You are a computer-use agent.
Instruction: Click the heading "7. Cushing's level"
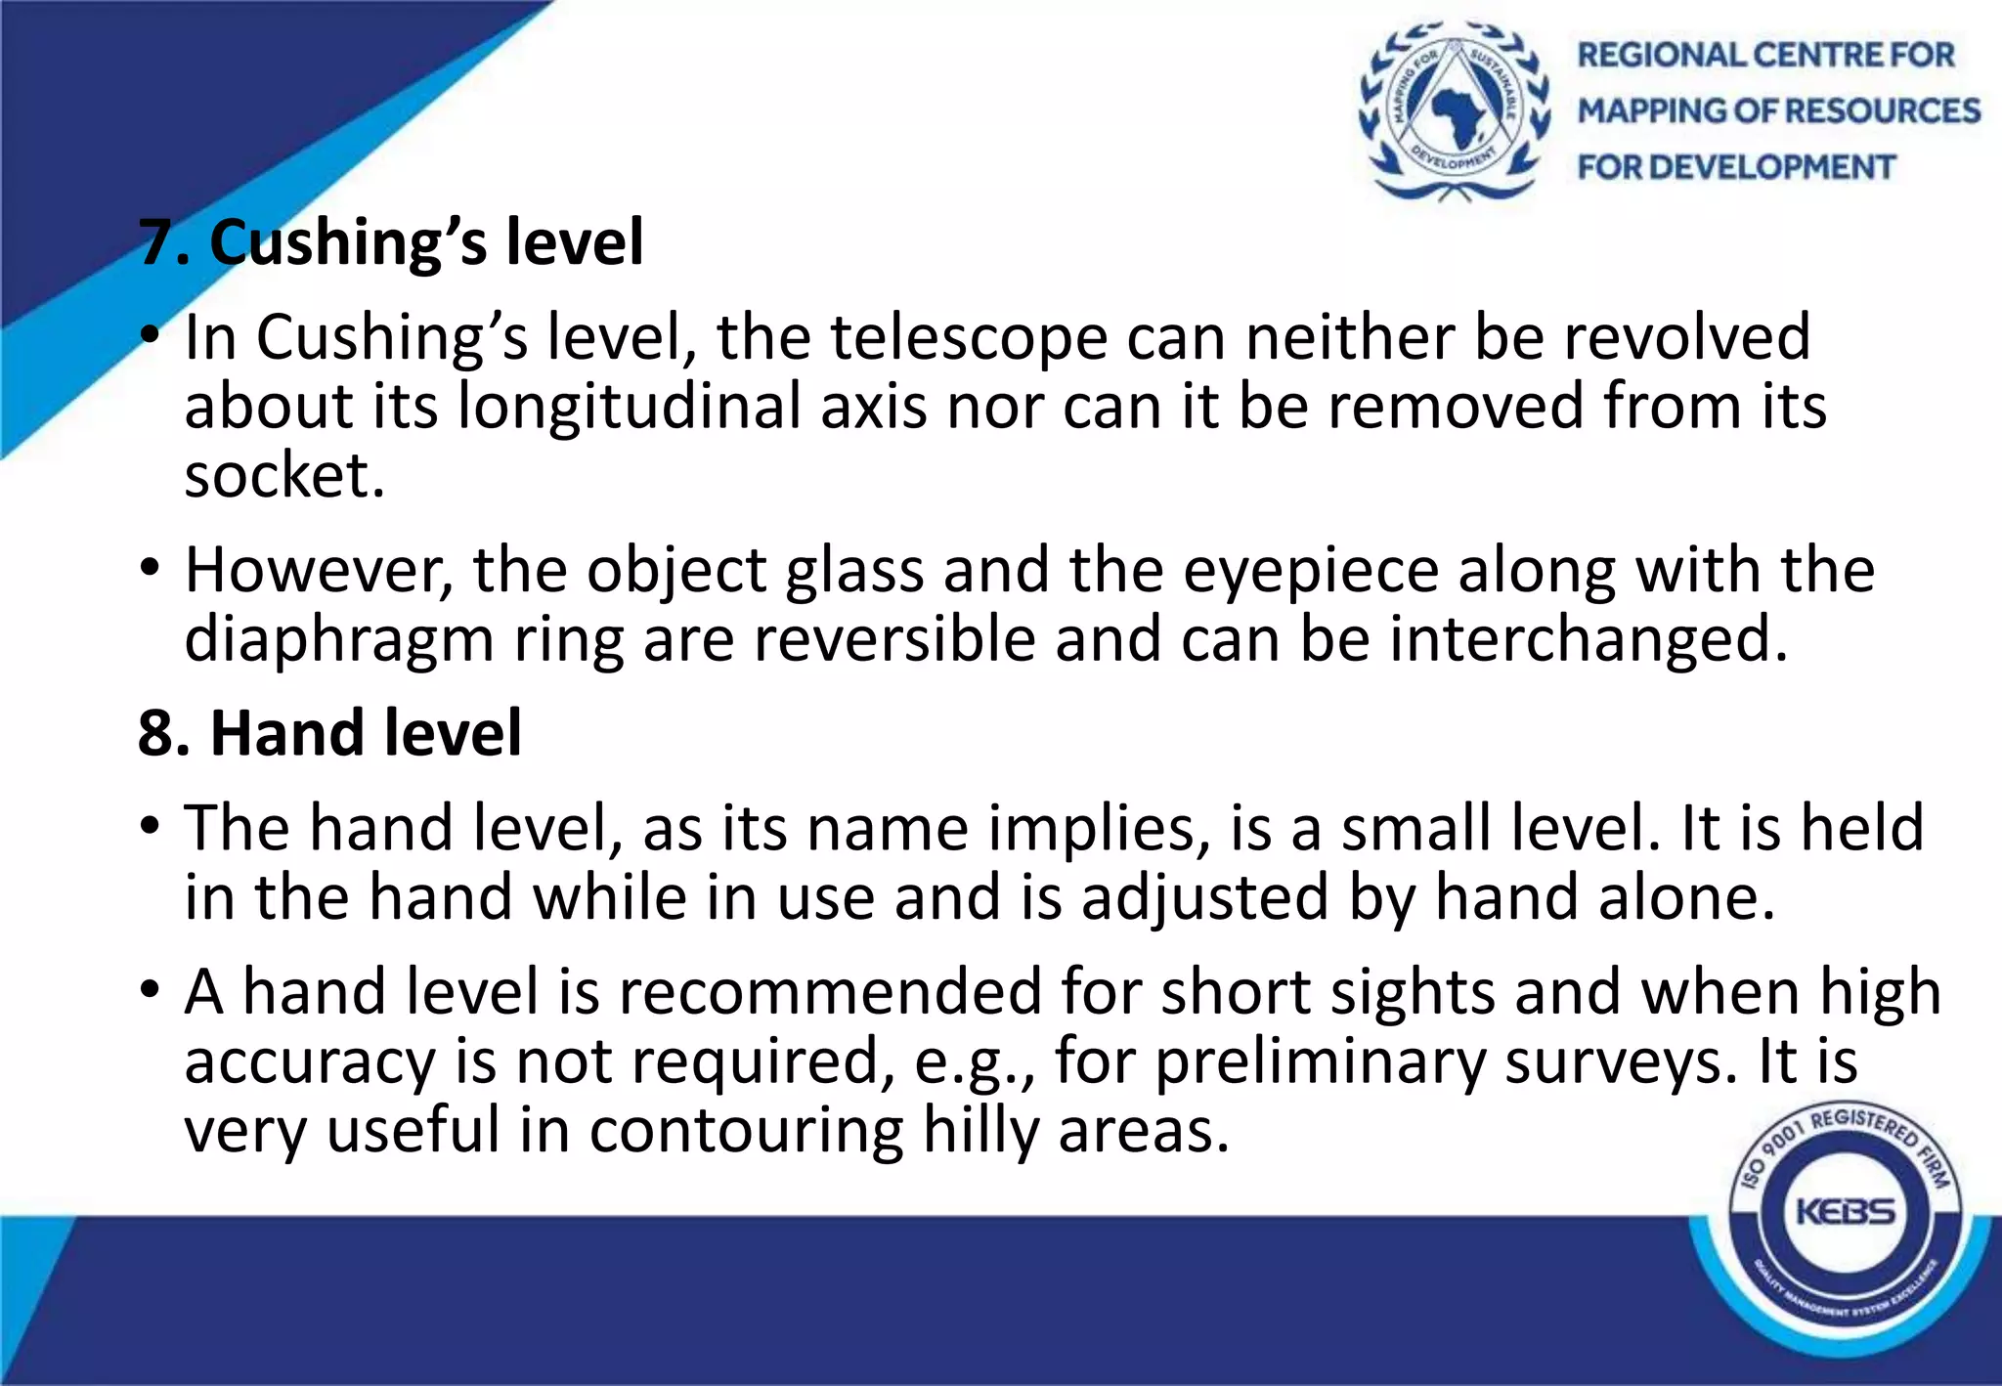391,241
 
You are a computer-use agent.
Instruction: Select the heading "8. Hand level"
330,733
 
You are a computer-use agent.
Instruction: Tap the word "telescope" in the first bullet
970,337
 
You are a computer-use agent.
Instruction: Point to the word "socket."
284,476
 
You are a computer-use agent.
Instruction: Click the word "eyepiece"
1311,573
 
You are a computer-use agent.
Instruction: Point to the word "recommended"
831,992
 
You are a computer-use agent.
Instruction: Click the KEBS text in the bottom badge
1846,1213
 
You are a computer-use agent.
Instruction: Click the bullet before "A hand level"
149,990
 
